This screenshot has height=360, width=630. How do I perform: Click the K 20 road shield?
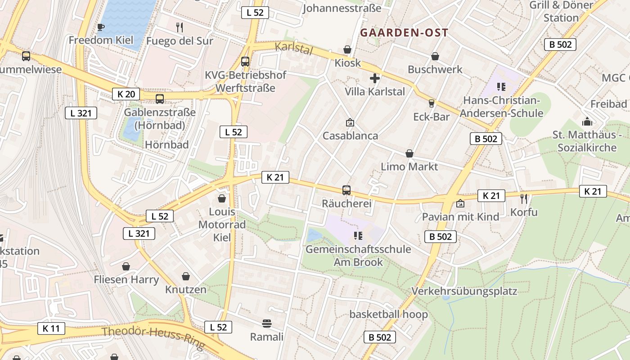(x=126, y=94)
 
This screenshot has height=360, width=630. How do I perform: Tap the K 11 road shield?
(x=51, y=328)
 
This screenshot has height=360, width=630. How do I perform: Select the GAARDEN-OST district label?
(x=404, y=33)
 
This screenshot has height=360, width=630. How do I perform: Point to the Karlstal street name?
(x=293, y=48)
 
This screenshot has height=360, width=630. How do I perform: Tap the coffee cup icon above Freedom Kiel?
(x=101, y=27)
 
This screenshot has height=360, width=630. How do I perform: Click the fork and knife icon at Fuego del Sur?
(x=180, y=27)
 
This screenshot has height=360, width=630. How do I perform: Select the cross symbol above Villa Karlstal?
(x=374, y=78)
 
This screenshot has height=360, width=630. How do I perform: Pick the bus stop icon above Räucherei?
(x=346, y=190)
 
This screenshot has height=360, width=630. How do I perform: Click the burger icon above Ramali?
(x=267, y=323)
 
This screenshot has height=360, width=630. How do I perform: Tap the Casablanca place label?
(x=350, y=135)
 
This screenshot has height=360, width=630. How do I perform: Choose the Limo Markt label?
(x=409, y=166)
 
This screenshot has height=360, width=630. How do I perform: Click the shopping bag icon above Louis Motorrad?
(x=222, y=198)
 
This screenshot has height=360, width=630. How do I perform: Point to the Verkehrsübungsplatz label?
(x=464, y=291)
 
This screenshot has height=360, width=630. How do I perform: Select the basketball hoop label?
(x=388, y=314)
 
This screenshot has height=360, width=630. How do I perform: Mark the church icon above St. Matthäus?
(x=587, y=121)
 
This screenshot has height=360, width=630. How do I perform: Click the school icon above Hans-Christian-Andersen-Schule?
(x=501, y=86)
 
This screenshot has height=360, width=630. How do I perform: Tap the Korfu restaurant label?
(x=524, y=212)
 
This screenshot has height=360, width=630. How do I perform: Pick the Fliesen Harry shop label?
(x=126, y=279)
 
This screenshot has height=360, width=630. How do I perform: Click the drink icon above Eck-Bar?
(x=431, y=103)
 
